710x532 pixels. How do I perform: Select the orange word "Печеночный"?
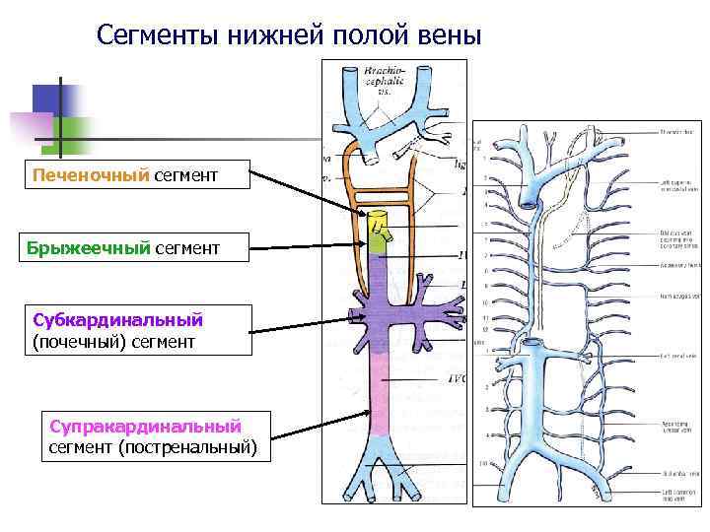91,175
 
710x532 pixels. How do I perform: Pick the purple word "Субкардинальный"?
117,319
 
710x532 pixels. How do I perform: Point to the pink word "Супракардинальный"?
145,427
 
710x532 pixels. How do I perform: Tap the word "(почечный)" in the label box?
78,342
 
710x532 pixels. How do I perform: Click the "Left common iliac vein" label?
678,496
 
